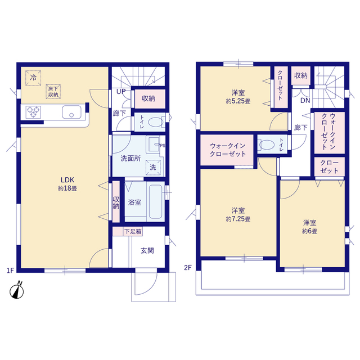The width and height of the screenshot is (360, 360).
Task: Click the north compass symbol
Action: point(17,291)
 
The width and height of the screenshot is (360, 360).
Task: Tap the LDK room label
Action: point(67,180)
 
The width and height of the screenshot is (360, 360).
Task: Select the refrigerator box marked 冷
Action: point(33,78)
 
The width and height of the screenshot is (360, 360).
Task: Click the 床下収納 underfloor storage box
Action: point(53,92)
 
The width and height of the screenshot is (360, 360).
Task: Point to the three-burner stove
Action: point(33,112)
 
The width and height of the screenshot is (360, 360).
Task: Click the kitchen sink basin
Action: point(71,112)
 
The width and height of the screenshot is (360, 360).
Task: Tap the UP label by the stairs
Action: point(121,92)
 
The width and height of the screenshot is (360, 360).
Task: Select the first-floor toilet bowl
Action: point(155,122)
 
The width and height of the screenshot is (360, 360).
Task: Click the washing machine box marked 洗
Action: point(153,167)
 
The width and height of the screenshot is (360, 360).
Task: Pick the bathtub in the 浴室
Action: point(155,201)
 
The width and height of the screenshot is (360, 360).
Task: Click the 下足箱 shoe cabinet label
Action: point(133,231)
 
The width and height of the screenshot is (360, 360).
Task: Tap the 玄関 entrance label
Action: point(147,250)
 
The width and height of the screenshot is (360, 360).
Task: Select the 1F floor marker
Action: point(10,271)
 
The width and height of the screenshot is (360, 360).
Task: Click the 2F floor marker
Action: point(188,268)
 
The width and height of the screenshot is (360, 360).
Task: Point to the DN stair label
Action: point(305,100)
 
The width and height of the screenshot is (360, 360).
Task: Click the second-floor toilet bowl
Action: point(267,145)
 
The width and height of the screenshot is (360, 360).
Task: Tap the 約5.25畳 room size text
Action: point(238,101)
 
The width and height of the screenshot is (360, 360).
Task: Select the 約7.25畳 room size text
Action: point(238,219)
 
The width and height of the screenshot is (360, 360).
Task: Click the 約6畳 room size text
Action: point(310,231)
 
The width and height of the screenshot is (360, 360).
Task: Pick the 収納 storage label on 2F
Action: point(301,75)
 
